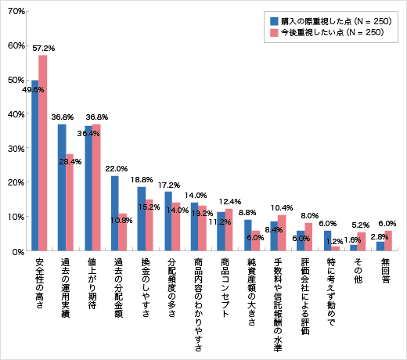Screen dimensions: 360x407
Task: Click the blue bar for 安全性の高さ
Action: pyautogui.click(x=35, y=165)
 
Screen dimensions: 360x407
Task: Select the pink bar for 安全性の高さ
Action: pyautogui.click(x=44, y=153)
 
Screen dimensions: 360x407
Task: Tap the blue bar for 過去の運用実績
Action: pyautogui.click(x=62, y=187)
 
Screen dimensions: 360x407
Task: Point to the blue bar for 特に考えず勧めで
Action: pyautogui.click(x=328, y=240)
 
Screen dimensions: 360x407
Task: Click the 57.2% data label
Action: pyautogui.click(x=44, y=49)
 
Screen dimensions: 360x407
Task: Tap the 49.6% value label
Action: pyautogui.click(x=33, y=90)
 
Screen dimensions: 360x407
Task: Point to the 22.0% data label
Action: pyautogui.click(x=116, y=168)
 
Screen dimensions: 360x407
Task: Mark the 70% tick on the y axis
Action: pyautogui.click(x=16, y=12)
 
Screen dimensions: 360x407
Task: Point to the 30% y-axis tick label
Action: pyautogui.click(x=16, y=149)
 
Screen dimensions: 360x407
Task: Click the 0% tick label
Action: pyautogui.click(x=19, y=251)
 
